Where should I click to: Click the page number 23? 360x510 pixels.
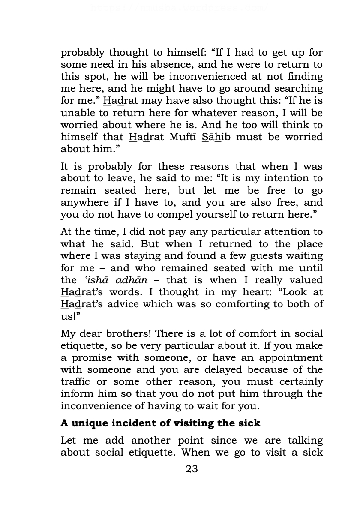pyautogui.click(x=192, y=469)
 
